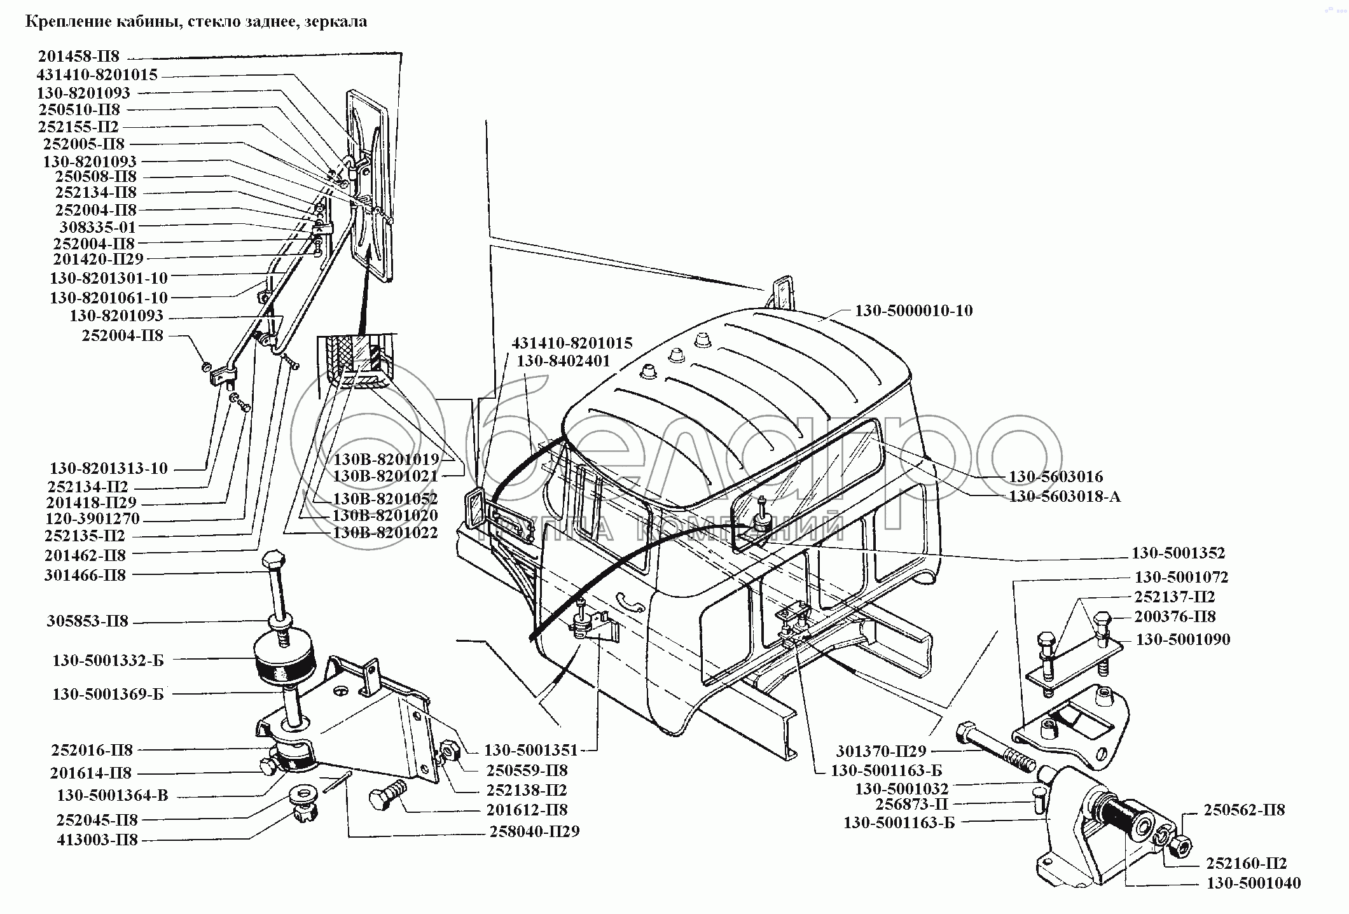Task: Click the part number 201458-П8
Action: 78,57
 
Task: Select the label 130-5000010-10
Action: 914,311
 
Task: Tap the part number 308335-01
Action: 97,227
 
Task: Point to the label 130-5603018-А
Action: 1065,496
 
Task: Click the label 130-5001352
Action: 1178,553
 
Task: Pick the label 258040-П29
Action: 534,831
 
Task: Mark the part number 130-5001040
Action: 1254,883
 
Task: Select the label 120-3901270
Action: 92,519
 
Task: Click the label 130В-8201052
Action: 385,499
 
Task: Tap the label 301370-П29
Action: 882,751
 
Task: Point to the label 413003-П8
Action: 97,840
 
